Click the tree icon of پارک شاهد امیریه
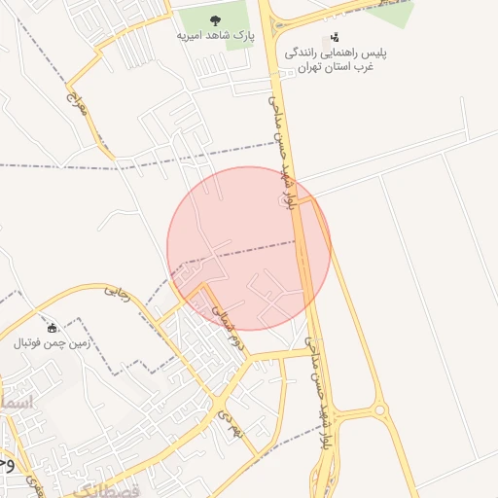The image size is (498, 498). click(x=215, y=19)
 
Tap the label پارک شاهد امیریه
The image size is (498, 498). click(x=215, y=35)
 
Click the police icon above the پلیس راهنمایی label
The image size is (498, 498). click(x=335, y=37)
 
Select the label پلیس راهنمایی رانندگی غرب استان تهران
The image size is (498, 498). click(x=334, y=59)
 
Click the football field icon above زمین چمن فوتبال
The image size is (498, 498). click(x=53, y=327)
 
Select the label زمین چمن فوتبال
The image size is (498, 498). click(x=53, y=342)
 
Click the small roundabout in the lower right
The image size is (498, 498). click(x=379, y=410)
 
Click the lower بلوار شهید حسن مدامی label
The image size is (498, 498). click(x=319, y=389)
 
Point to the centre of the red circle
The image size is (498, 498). click(x=249, y=248)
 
